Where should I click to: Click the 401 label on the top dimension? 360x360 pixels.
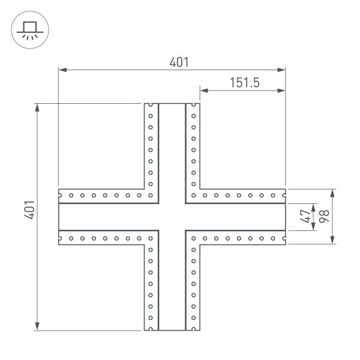(179, 62)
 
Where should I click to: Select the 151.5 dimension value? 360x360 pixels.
(244, 83)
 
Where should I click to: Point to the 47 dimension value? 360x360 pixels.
(305, 216)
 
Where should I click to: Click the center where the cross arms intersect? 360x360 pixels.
(172, 217)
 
